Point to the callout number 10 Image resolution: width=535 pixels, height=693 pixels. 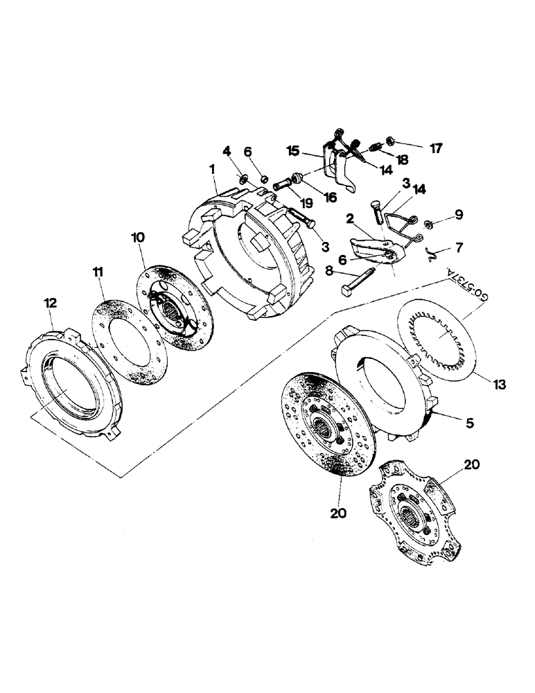pyautogui.click(x=137, y=237)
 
